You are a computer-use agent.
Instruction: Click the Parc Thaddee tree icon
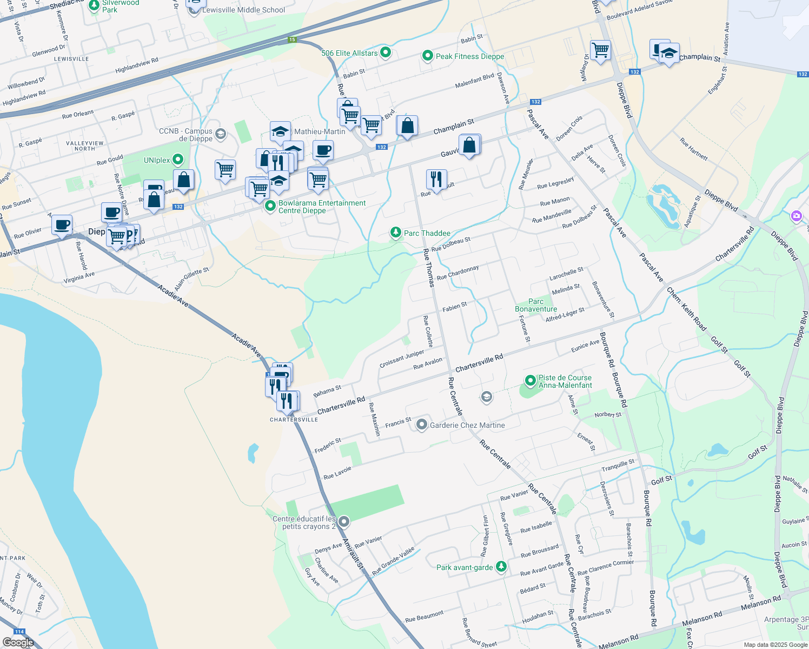[x=396, y=233]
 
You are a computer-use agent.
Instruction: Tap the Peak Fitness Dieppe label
[x=469, y=56]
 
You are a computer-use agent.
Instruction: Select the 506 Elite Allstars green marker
[x=386, y=52]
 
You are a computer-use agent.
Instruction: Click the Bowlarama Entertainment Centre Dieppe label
[x=322, y=207]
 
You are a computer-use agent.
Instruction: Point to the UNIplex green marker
[x=178, y=160]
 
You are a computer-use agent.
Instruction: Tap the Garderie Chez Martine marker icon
[x=421, y=425]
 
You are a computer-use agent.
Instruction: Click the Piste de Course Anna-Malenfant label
[x=565, y=381]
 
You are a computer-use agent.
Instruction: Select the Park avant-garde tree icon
[x=502, y=567]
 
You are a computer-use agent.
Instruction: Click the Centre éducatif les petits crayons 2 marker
[x=344, y=521]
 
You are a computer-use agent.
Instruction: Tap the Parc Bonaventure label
[x=536, y=305]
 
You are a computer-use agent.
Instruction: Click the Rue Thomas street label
[x=428, y=267]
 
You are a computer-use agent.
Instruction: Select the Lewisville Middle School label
[x=243, y=10]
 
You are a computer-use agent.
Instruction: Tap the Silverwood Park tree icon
[x=94, y=4]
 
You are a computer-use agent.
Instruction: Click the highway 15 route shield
[x=292, y=39]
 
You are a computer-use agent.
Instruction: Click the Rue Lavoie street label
[x=337, y=473]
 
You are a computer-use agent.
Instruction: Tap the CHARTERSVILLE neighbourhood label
[x=294, y=420]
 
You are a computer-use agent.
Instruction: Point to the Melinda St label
[x=566, y=289]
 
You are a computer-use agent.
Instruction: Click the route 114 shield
[x=19, y=632]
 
